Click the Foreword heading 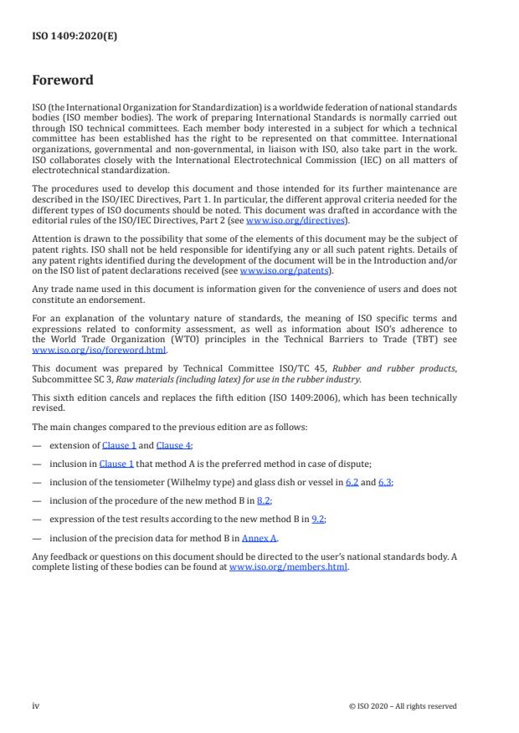click(x=63, y=81)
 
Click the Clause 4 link click(x=173, y=445)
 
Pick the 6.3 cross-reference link click(x=386, y=481)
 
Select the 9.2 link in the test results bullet click(x=317, y=518)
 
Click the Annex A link click(x=259, y=536)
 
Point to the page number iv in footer click(x=35, y=705)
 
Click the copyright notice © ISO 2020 click(x=402, y=706)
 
